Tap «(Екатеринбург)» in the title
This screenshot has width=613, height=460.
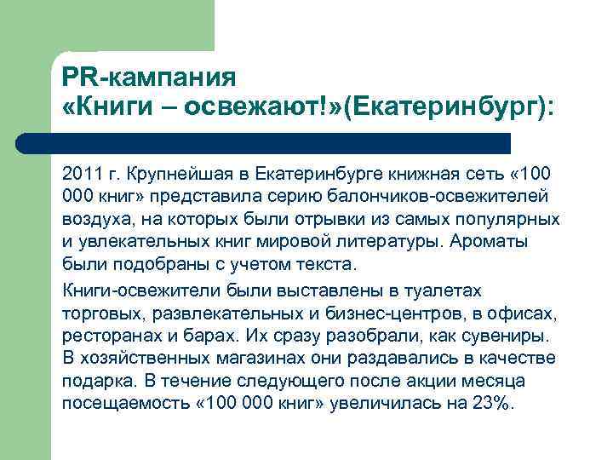[448, 108]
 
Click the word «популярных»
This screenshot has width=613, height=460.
[514, 219]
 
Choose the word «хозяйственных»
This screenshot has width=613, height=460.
[150, 357]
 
